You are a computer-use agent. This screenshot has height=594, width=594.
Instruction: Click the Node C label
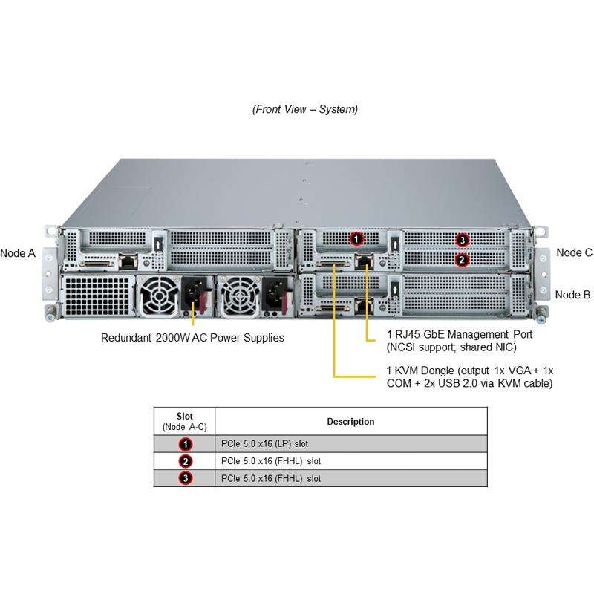click(x=574, y=252)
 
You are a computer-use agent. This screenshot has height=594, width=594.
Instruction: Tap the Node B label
click(x=572, y=295)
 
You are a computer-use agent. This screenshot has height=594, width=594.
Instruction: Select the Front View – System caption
click(x=305, y=109)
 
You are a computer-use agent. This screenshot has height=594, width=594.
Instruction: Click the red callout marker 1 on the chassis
click(x=356, y=239)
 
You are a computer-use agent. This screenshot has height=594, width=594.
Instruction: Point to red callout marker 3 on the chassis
click(x=463, y=240)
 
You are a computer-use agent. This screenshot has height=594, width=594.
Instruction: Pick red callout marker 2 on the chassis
click(x=462, y=260)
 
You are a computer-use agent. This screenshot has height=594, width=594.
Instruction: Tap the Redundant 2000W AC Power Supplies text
click(x=192, y=338)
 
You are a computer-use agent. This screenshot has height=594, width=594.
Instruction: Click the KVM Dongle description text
click(x=469, y=376)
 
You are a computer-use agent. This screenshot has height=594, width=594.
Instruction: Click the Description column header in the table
click(x=350, y=422)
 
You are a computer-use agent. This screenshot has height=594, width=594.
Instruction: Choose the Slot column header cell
click(x=185, y=421)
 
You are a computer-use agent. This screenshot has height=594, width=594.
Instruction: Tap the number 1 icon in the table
click(x=185, y=444)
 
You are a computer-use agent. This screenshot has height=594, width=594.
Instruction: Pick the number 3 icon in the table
click(x=185, y=478)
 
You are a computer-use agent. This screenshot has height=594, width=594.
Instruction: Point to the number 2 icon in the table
click(x=185, y=461)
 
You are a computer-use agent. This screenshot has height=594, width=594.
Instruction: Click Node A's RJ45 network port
click(x=128, y=262)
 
